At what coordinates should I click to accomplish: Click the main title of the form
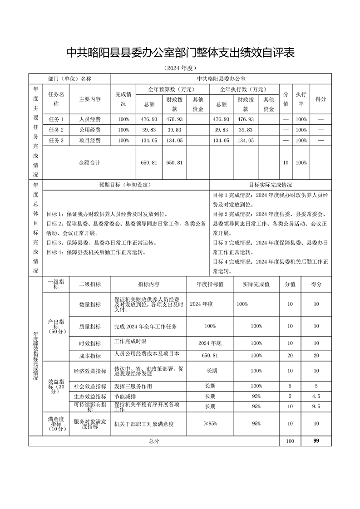(180, 53)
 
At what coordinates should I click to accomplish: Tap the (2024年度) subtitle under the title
(180, 69)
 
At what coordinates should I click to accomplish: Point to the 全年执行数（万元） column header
(243, 89)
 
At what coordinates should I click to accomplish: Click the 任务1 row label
(56, 119)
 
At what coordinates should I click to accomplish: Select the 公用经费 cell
(90, 130)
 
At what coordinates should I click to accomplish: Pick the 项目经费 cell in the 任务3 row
(90, 141)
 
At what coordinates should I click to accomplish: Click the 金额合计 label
(89, 162)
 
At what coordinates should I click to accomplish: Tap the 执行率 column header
(301, 99)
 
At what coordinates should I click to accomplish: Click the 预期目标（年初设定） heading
(125, 185)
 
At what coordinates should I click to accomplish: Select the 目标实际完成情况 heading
(271, 185)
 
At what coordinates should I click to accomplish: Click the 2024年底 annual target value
(210, 343)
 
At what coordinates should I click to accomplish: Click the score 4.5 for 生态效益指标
(316, 396)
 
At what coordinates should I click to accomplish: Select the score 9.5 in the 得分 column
(316, 406)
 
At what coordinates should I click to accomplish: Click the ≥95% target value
(210, 424)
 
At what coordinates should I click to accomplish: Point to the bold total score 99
(316, 440)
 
